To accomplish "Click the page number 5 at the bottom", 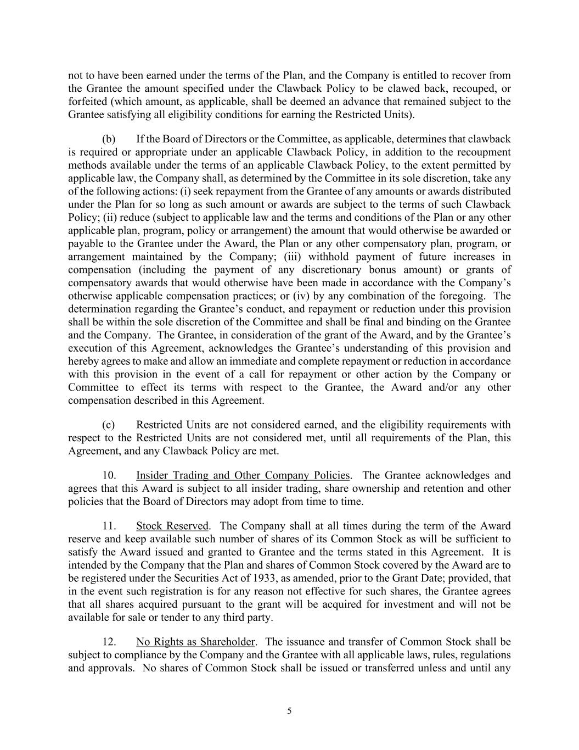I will pyautogui.click(x=289, y=711).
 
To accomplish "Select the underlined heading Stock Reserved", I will pyautogui.click(x=172, y=526).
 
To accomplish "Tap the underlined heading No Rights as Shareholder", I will pyautogui.click(x=195, y=642).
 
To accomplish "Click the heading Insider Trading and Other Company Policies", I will pyautogui.click(x=243, y=475).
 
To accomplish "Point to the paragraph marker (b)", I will pyautogui.click(x=109, y=139).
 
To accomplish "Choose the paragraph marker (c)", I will pyautogui.click(x=109, y=425).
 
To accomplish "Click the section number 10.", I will pyautogui.click(x=109, y=475).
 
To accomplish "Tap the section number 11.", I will pyautogui.click(x=109, y=526).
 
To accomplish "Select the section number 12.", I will pyautogui.click(x=109, y=642).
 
